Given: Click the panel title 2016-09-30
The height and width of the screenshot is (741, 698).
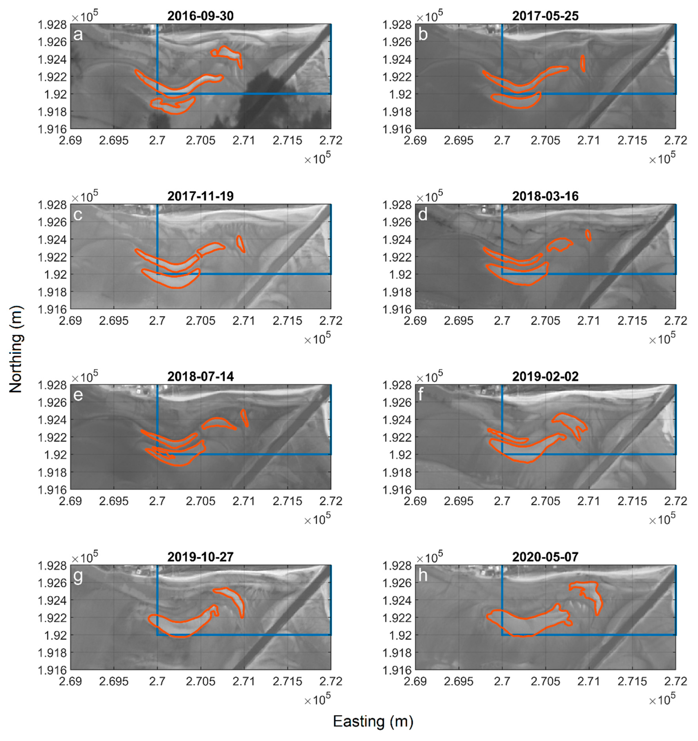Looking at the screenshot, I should pos(200,16).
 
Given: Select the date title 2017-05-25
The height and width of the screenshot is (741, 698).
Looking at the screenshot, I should pos(545,16).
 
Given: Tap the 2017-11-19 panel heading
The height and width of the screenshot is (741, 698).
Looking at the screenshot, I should pos(200,196).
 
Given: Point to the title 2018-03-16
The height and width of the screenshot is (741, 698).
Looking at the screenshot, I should pos(545,196).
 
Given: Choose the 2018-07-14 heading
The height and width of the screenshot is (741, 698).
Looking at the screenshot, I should pos(200,376).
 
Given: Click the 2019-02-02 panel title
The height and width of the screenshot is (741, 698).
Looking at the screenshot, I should pos(545,376).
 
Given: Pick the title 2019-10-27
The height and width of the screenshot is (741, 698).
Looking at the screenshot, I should pos(200,557).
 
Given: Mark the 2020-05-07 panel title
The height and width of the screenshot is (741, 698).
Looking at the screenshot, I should pos(545,557).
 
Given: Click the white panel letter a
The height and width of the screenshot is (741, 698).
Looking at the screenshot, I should pos(78,35).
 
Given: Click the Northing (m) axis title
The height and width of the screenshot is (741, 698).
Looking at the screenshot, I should pos(16,349).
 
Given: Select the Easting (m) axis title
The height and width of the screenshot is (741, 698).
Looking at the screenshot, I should pos(373,721).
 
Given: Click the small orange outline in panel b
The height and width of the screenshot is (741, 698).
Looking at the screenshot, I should pos(583,63).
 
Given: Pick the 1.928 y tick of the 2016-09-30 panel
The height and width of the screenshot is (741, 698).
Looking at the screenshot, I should pos(52,25).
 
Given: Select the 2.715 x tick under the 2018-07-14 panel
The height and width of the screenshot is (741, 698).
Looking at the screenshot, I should pos(288,501).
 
